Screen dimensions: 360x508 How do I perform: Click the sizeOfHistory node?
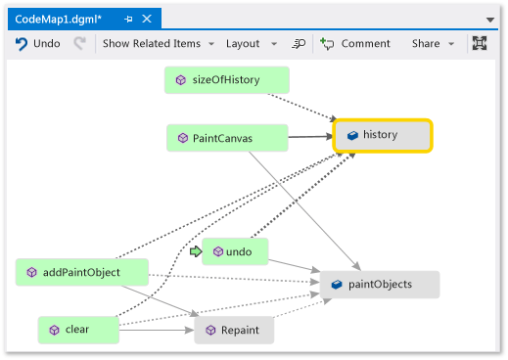[226, 80]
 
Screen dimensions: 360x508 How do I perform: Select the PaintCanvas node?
[226, 138]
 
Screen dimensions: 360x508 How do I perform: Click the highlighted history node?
[383, 135]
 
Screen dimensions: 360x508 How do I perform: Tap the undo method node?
[235, 251]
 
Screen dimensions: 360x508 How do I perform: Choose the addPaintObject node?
[82, 272]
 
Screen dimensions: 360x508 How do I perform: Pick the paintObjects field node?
[380, 285]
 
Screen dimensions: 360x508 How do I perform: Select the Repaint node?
[234, 331]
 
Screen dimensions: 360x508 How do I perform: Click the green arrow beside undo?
[195, 251]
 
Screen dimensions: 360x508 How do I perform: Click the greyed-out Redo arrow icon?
[80, 43]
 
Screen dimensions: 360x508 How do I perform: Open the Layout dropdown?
[251, 43]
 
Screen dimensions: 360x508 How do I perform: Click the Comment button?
[355, 43]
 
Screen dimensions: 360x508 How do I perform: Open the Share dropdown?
[433, 43]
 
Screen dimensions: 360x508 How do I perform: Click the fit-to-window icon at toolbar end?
[480, 43]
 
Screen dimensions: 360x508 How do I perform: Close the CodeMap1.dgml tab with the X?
[147, 19]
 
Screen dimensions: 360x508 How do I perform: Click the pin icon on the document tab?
[127, 19]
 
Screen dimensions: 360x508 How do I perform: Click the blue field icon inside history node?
[352, 135]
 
